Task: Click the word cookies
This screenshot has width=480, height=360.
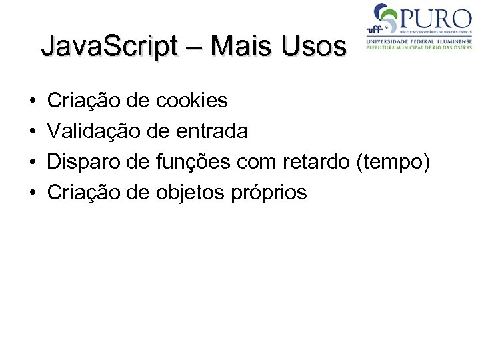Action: click(x=191, y=101)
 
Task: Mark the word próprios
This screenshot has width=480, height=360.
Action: click(x=269, y=193)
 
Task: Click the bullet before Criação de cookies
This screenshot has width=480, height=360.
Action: click(x=33, y=101)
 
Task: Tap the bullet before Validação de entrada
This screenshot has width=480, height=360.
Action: click(x=33, y=132)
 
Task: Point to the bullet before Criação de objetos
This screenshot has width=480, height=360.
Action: click(x=33, y=193)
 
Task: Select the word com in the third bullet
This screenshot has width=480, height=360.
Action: click(x=258, y=162)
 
